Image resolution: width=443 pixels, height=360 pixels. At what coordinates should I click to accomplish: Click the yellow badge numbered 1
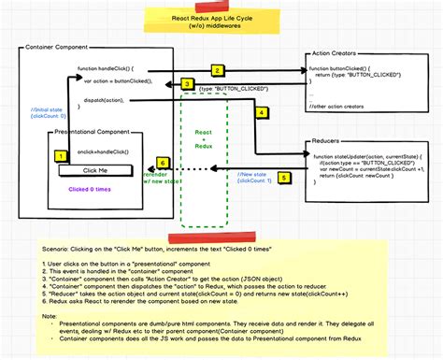click(61, 156)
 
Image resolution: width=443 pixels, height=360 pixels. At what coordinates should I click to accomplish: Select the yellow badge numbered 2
click(216, 70)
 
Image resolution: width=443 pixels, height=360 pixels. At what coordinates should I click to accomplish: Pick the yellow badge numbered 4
click(262, 112)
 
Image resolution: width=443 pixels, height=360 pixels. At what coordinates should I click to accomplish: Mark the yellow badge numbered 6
click(163, 163)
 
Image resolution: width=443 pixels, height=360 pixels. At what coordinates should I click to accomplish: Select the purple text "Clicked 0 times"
click(89, 188)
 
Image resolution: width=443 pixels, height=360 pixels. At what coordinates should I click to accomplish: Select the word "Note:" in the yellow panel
click(52, 314)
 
